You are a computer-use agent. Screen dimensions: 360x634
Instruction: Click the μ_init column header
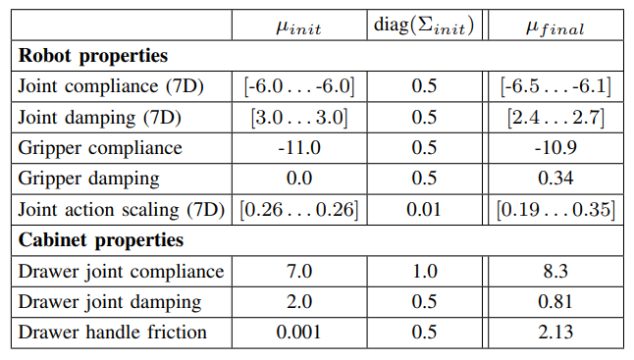[x=298, y=26]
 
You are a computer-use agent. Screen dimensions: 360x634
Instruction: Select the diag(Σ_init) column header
[x=424, y=26]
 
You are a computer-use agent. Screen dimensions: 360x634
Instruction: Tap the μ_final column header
[x=555, y=26]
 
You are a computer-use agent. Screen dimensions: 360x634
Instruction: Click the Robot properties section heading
[x=93, y=56]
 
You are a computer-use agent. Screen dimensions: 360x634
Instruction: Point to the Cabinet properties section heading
[x=102, y=239]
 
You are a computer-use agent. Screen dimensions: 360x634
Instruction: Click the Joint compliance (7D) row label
[x=111, y=86]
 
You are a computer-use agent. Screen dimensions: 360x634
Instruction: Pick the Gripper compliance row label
[x=101, y=148]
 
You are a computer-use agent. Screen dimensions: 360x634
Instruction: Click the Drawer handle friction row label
[x=113, y=332]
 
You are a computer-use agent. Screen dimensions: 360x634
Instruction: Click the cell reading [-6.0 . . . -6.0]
[x=298, y=86]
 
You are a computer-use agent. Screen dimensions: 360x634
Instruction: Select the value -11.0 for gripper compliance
[x=298, y=148]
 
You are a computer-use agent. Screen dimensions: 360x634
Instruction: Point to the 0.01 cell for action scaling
[x=424, y=209]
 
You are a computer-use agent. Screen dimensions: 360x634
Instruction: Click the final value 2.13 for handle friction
[x=555, y=332]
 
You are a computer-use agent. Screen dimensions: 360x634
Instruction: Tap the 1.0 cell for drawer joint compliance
[x=424, y=271]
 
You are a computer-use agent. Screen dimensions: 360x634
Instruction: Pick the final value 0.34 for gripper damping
[x=555, y=179]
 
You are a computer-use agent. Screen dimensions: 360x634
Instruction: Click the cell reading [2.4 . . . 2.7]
[x=555, y=118]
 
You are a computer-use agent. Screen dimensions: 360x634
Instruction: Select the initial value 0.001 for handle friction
[x=298, y=332]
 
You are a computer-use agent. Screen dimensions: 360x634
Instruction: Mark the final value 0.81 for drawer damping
[x=555, y=301]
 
